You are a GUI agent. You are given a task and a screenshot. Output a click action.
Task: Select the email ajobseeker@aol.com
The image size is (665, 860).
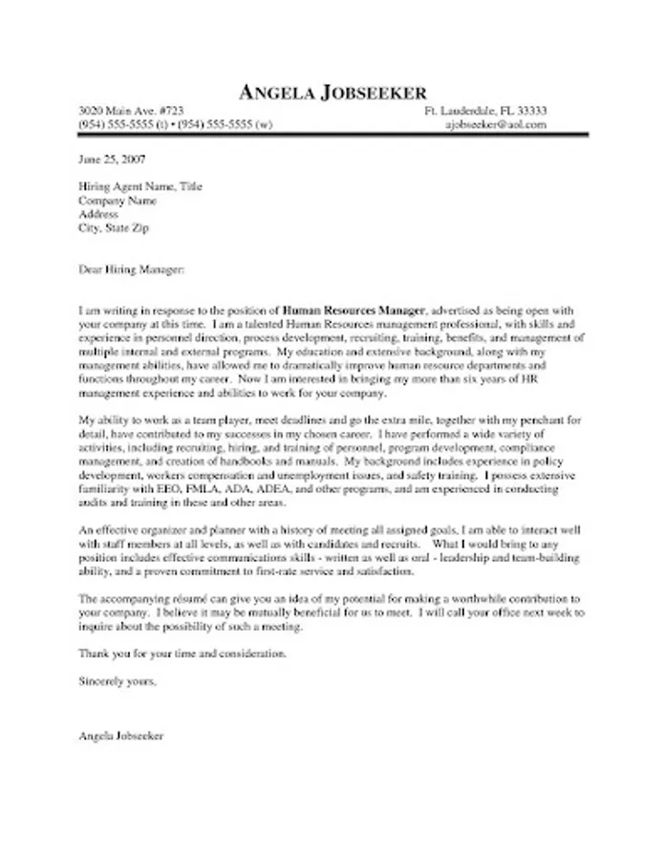[x=496, y=125]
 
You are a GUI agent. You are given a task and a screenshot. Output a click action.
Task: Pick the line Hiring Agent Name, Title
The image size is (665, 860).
[x=139, y=187]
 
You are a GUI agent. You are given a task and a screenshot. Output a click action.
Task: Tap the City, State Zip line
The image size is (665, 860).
[x=114, y=228]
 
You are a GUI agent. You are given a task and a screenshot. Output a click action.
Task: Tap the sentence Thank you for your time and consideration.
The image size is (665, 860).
[x=182, y=655]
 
